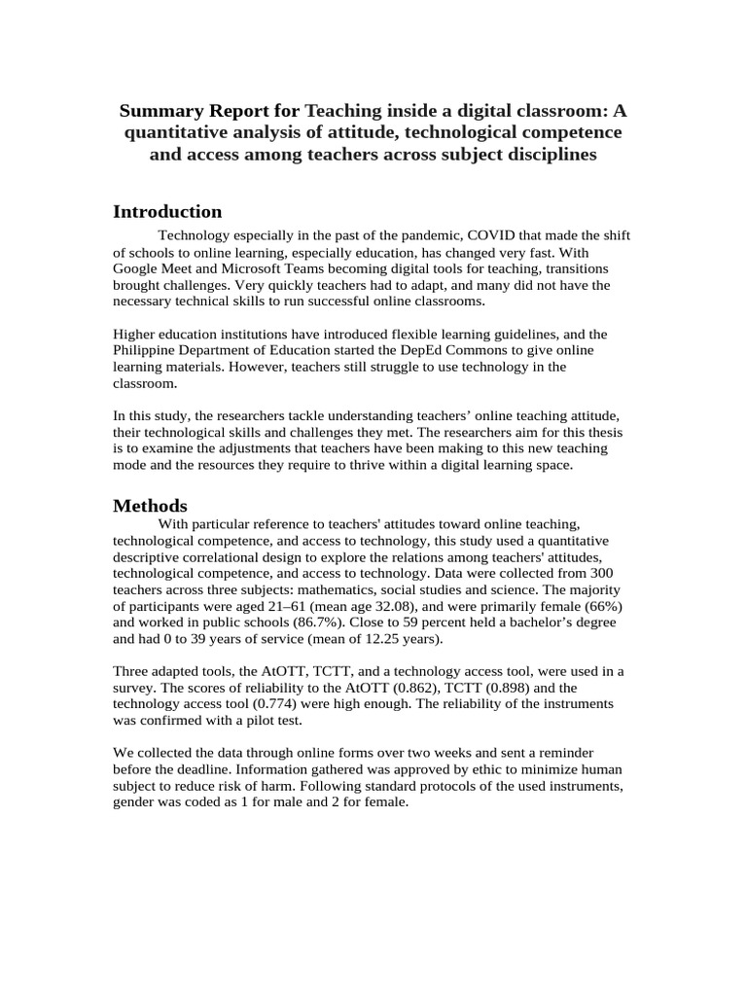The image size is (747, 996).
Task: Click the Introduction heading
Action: [167, 212]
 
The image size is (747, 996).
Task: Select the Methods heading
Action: [150, 506]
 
